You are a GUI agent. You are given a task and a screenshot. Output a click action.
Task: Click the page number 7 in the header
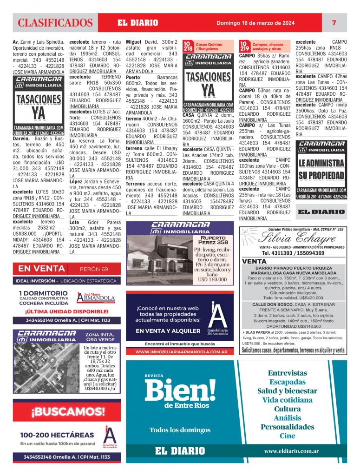(x=334, y=22)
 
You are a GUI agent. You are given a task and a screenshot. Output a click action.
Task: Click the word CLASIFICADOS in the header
(x=55, y=23)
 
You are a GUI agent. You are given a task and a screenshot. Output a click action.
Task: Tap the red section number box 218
(x=188, y=46)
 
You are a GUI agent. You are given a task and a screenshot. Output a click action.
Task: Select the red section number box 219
(x=245, y=46)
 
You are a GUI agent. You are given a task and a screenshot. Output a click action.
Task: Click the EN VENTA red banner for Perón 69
(x=41, y=269)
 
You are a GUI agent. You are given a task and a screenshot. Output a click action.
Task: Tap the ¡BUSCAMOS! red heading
(x=68, y=411)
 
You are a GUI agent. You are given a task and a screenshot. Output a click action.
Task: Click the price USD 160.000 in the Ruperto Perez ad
(x=212, y=280)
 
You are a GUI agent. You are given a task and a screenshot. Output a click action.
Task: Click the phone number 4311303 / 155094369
(x=293, y=253)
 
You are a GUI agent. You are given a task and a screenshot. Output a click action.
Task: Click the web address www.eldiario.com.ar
(x=291, y=451)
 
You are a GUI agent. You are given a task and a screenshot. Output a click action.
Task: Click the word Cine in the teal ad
(x=287, y=436)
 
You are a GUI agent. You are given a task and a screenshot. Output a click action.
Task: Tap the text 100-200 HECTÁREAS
(x=57, y=435)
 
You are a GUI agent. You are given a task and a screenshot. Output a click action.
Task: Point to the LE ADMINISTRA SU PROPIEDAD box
(x=321, y=169)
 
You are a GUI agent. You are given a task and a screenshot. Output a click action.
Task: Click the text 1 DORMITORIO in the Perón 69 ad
(x=43, y=293)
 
